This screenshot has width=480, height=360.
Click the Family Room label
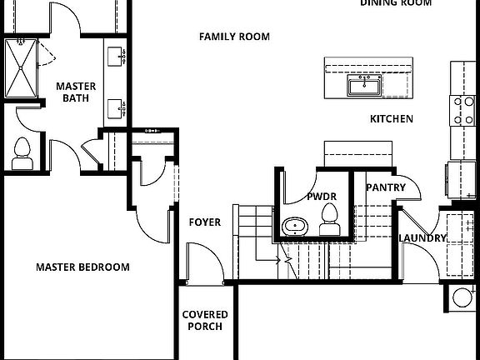pyautogui.click(x=234, y=37)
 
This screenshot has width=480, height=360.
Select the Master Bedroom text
pyautogui.click(x=82, y=267)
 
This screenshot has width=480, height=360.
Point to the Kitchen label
pyautogui.click(x=391, y=119)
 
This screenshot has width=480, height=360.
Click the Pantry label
pyautogui.click(x=385, y=187)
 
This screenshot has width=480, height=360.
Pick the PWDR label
pyautogui.click(x=321, y=197)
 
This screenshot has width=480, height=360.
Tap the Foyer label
pyautogui.click(x=205, y=222)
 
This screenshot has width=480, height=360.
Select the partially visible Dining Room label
pyautogui.click(x=396, y=3)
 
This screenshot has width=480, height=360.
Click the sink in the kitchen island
pyautogui.click(x=364, y=85)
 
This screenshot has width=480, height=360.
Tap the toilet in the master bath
pyautogui.click(x=22, y=152)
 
